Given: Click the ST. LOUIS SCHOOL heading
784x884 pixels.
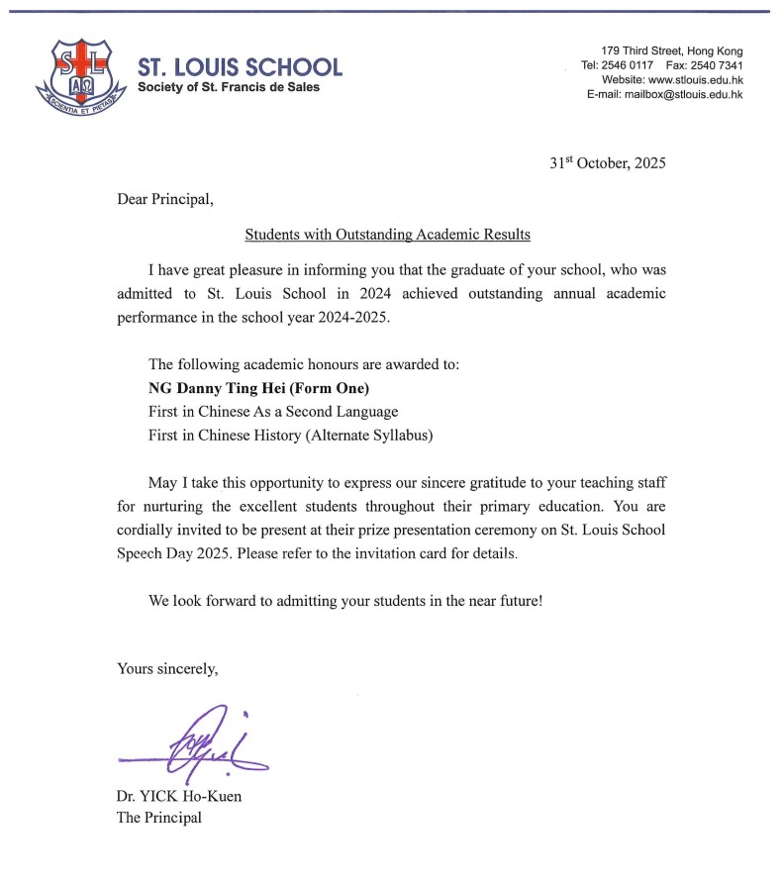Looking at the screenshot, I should [240, 67].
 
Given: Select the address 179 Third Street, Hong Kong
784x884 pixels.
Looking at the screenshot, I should [671, 51].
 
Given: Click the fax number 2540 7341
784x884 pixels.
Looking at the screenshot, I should [717, 65].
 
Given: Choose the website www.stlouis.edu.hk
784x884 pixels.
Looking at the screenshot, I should [694, 80].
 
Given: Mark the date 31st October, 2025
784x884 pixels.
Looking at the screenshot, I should [608, 163].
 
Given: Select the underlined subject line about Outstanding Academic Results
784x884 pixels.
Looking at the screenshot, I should [387, 235].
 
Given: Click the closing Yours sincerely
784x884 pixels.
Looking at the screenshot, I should [167, 668].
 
